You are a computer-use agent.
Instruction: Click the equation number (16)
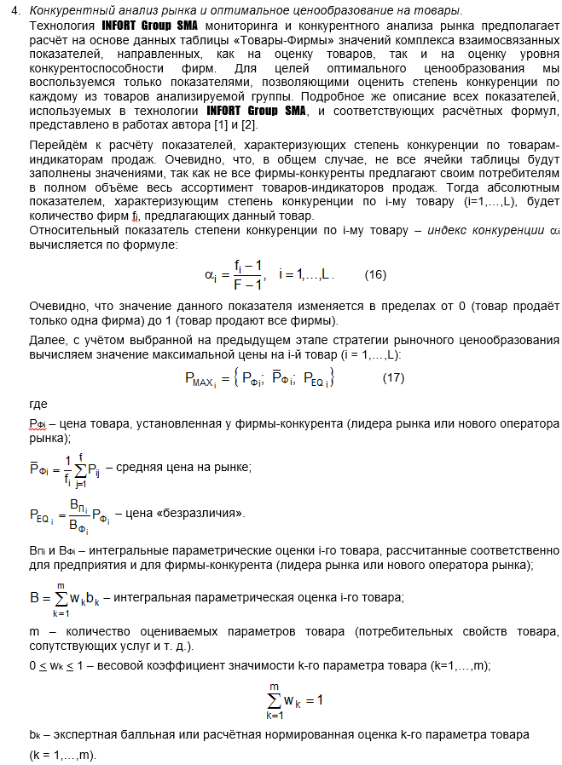coord(375,275)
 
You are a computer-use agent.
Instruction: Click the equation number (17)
coord(393,377)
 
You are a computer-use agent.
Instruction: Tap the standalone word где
coord(38,404)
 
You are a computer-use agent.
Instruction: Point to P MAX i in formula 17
coord(200,380)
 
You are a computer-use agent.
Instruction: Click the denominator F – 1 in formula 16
coord(247,285)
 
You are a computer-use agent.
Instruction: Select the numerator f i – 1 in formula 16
coord(247,266)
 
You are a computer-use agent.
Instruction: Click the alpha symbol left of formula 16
coord(210,275)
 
